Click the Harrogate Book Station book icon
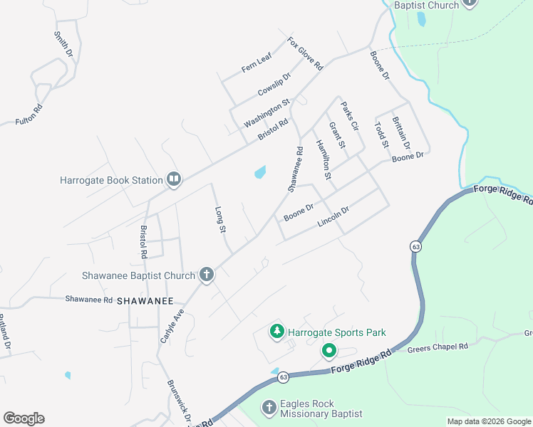click(173, 179)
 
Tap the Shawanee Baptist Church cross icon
click(207, 275)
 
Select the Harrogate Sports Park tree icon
click(276, 332)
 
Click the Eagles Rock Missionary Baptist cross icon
click(269, 408)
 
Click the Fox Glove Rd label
click(305, 53)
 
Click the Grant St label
click(336, 135)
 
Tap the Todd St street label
click(381, 135)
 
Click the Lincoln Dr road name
click(333, 216)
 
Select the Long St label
click(220, 220)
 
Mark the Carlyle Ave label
click(172, 326)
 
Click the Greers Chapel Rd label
click(438, 347)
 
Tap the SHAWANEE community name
click(145, 301)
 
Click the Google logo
click(24, 418)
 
